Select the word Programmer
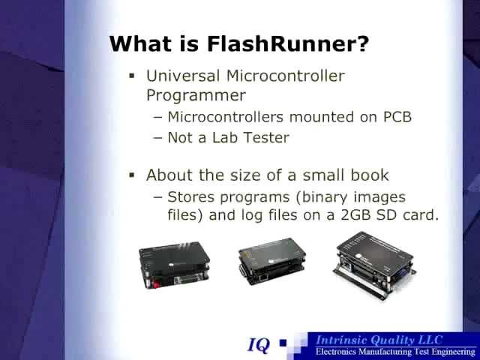196,95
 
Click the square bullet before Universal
131,75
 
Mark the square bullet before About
131,175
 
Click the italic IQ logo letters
259,345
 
